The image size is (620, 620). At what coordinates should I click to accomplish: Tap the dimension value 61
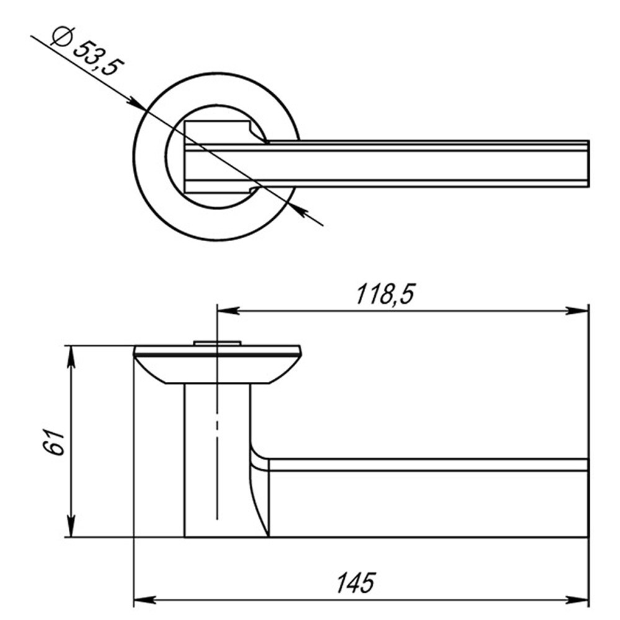pyautogui.click(x=54, y=441)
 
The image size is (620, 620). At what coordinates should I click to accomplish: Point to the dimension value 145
pyautogui.click(x=355, y=582)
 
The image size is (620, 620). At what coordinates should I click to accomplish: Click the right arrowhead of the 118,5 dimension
pyautogui.click(x=577, y=311)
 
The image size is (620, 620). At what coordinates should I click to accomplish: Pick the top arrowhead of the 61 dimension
pyautogui.click(x=71, y=358)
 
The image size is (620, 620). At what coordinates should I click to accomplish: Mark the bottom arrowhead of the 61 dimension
pyautogui.click(x=71, y=526)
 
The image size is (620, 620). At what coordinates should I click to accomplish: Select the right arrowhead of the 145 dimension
pyautogui.click(x=577, y=600)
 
